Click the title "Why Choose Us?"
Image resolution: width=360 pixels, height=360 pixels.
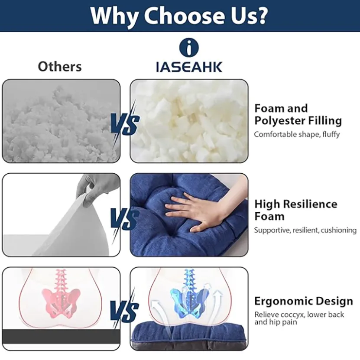point(179,16)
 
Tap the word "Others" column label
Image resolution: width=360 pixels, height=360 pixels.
point(60,67)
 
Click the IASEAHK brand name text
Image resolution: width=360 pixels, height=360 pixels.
point(189,67)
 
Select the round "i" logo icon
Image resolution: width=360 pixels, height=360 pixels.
point(189,48)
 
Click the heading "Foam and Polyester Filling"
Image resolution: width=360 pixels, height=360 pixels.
point(298,114)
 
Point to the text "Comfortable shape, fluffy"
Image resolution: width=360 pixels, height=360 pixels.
point(297,134)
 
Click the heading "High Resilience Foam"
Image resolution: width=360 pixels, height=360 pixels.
point(296,210)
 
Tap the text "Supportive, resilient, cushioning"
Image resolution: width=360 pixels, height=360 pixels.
point(305,230)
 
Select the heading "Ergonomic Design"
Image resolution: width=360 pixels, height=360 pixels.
point(304,301)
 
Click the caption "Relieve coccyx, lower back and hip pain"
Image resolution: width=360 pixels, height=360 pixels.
point(299,318)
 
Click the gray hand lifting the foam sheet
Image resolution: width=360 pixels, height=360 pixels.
point(97,189)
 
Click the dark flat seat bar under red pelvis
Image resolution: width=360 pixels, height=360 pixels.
point(62,337)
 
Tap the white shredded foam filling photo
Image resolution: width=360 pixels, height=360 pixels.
point(189,121)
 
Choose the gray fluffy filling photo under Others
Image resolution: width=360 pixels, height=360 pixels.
point(61,121)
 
